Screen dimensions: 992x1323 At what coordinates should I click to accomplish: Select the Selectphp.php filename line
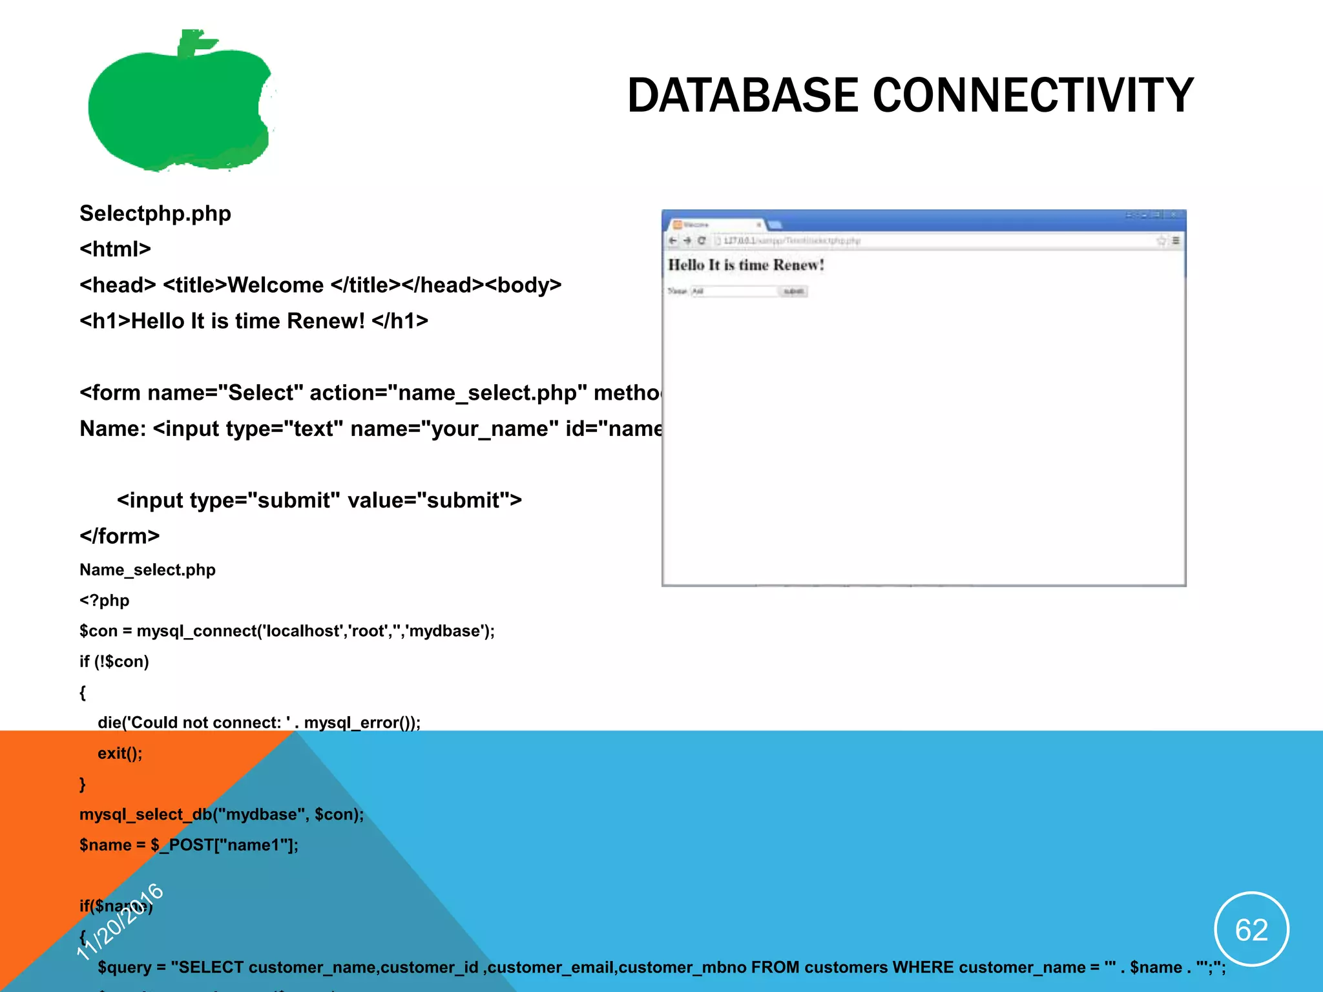[155, 214]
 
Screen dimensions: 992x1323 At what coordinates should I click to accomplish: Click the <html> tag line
[115, 249]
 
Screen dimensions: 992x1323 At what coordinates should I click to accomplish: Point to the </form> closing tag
[120, 536]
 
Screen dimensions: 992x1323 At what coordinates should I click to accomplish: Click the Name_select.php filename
[147, 570]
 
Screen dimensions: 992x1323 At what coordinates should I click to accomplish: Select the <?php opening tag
[104, 601]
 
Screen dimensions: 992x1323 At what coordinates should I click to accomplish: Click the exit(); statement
[120, 753]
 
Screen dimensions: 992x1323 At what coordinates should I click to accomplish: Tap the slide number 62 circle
[1251, 929]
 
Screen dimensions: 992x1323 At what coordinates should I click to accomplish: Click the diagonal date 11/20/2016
[120, 922]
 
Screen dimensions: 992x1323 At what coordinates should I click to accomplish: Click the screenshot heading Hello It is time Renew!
[745, 265]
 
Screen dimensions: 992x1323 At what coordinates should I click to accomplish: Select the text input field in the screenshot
[734, 291]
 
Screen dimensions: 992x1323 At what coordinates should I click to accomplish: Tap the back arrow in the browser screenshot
[672, 241]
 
